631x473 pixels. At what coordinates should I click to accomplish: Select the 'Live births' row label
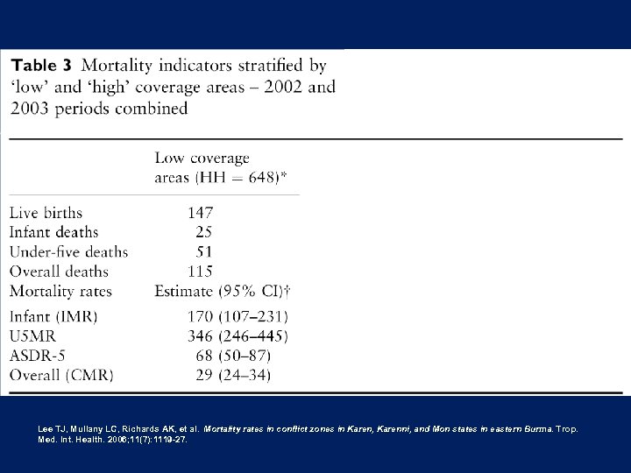click(46, 212)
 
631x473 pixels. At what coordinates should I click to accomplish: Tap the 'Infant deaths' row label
click(53, 232)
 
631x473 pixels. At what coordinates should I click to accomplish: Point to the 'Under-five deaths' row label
click(68, 252)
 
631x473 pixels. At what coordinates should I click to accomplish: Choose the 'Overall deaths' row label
click(59, 272)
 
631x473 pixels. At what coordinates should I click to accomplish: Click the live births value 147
click(200, 212)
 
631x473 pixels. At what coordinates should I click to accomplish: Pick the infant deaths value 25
click(203, 232)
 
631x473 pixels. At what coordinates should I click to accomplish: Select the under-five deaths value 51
click(203, 252)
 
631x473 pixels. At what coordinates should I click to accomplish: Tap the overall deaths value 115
click(200, 272)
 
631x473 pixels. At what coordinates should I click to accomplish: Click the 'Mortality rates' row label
click(60, 291)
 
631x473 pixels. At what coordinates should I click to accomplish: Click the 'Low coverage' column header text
click(202, 159)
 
